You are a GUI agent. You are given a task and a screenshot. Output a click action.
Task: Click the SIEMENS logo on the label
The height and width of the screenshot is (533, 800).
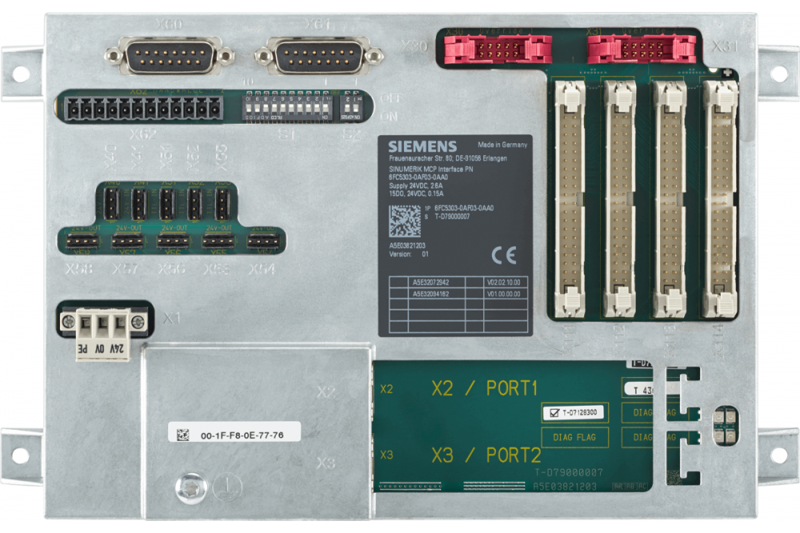point(422,146)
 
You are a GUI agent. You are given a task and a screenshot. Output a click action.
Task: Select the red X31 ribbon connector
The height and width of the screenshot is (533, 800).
point(641,50)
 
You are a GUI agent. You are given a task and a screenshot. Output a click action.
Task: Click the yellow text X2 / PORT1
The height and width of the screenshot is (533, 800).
point(485,389)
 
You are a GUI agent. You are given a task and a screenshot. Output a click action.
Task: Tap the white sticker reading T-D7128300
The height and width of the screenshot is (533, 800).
point(574,412)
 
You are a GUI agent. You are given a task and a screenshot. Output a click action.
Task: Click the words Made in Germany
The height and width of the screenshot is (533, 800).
point(503,146)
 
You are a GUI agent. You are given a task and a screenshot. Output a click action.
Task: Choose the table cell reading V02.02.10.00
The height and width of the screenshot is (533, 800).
point(503,283)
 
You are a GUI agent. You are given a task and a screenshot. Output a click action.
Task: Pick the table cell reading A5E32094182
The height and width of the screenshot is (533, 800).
point(431,294)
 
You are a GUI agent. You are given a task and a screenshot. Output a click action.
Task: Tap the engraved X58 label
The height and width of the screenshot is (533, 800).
point(81,270)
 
